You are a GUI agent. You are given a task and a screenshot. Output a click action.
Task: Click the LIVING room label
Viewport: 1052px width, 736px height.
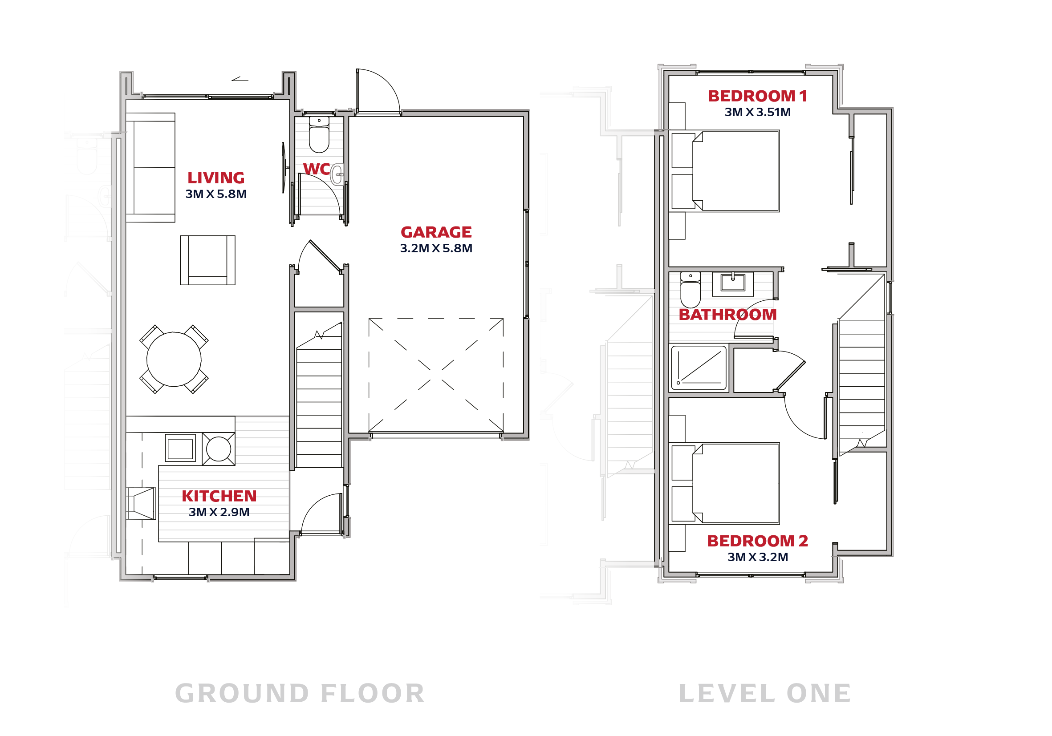216,178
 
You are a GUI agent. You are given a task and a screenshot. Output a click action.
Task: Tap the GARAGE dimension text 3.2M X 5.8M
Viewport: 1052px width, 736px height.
436,248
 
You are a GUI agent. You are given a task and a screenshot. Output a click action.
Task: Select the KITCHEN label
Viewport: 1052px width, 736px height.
219,496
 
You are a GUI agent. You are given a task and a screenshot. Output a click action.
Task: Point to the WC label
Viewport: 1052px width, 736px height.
316,169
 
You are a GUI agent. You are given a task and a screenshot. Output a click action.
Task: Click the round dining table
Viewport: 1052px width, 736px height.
174,359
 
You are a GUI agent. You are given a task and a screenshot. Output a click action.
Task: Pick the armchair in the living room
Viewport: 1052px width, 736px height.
207,260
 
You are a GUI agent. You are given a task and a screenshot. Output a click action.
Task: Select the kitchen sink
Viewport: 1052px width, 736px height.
180,448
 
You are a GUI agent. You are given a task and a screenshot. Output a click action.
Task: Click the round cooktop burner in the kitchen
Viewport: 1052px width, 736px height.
219,449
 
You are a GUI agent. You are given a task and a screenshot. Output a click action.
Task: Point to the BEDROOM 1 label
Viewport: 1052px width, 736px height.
757,96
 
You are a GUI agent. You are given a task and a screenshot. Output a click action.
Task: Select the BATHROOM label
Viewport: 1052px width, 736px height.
727,315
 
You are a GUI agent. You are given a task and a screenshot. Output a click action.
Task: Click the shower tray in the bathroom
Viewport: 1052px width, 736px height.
699,368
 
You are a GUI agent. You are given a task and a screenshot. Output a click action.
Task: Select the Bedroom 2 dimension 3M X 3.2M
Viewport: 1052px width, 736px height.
758,557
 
